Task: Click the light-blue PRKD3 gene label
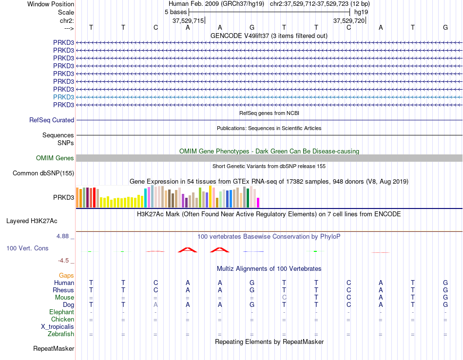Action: (x=63, y=97)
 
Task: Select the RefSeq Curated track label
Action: (x=52, y=120)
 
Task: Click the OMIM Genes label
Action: (x=55, y=158)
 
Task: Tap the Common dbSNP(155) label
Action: (x=43, y=173)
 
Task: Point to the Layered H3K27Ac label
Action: (x=32, y=221)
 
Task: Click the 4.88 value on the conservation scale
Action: (x=62, y=236)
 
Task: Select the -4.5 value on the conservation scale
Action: (x=63, y=261)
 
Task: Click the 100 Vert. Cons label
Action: (x=27, y=248)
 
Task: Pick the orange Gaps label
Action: (x=66, y=275)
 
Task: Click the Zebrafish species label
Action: (x=61, y=334)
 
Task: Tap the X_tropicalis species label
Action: (x=58, y=327)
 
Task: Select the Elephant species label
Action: (x=62, y=312)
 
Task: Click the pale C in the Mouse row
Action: (x=284, y=298)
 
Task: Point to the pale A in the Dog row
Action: (x=155, y=305)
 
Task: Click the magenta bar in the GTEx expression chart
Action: (x=258, y=203)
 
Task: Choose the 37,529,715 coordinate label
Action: (x=188, y=20)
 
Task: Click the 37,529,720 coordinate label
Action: (x=349, y=20)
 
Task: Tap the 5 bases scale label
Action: (x=175, y=12)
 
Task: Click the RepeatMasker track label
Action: (x=54, y=349)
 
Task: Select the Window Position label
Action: (x=51, y=4)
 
